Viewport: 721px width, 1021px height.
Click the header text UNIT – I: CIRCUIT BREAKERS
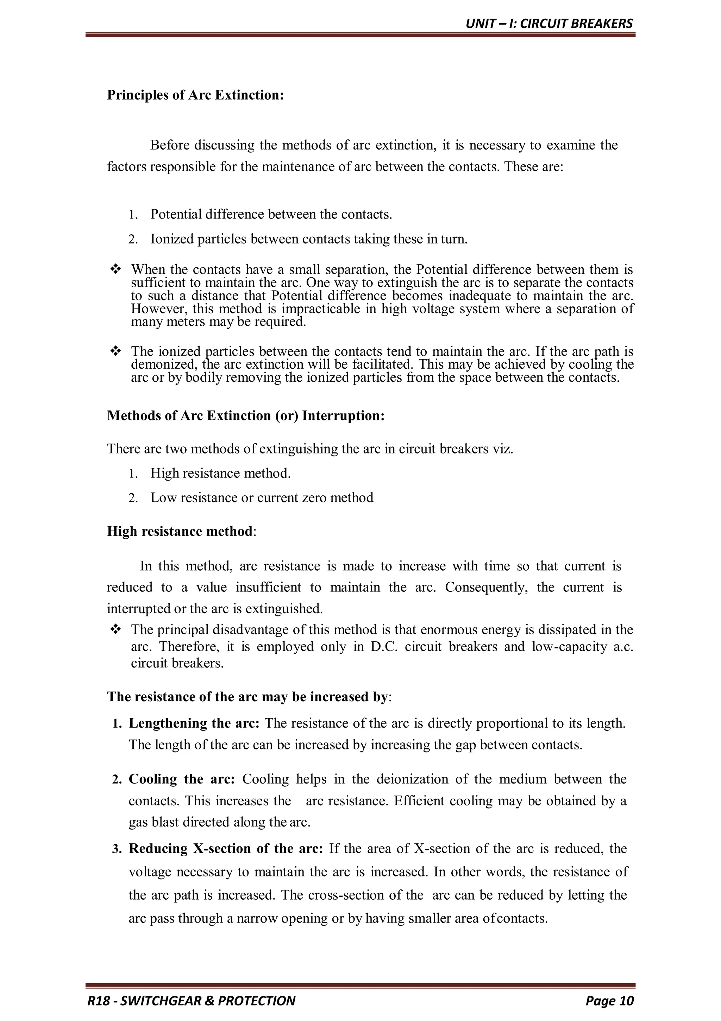[x=549, y=24]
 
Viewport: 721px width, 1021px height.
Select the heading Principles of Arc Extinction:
[x=195, y=95]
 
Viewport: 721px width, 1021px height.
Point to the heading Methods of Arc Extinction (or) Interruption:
[x=246, y=416]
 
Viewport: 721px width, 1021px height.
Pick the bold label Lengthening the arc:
[x=194, y=723]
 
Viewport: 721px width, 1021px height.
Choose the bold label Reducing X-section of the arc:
[x=226, y=849]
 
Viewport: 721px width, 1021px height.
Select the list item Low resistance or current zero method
[x=262, y=497]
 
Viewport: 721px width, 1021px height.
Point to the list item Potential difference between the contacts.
[x=271, y=214]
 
